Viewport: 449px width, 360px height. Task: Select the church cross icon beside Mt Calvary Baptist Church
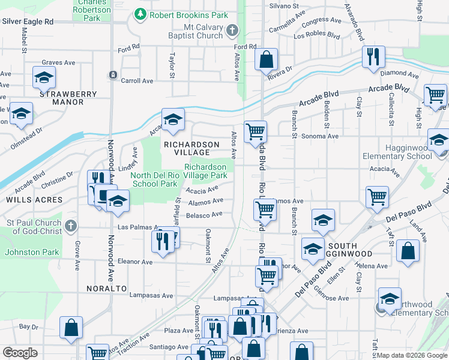point(232,29)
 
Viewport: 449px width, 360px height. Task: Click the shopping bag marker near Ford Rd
point(267,60)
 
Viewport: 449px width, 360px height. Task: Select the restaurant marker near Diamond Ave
point(373,57)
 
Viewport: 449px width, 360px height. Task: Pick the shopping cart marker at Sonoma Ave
point(256,130)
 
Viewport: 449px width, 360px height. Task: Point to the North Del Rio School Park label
point(154,179)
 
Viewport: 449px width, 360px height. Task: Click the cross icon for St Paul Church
point(71,226)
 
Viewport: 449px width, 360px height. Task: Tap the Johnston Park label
point(32,252)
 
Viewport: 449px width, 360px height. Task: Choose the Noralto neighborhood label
point(109,289)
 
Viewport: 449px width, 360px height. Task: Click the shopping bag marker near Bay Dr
point(71,328)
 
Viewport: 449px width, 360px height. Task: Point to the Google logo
point(20,353)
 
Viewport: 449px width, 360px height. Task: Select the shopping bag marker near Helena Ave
point(408,252)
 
